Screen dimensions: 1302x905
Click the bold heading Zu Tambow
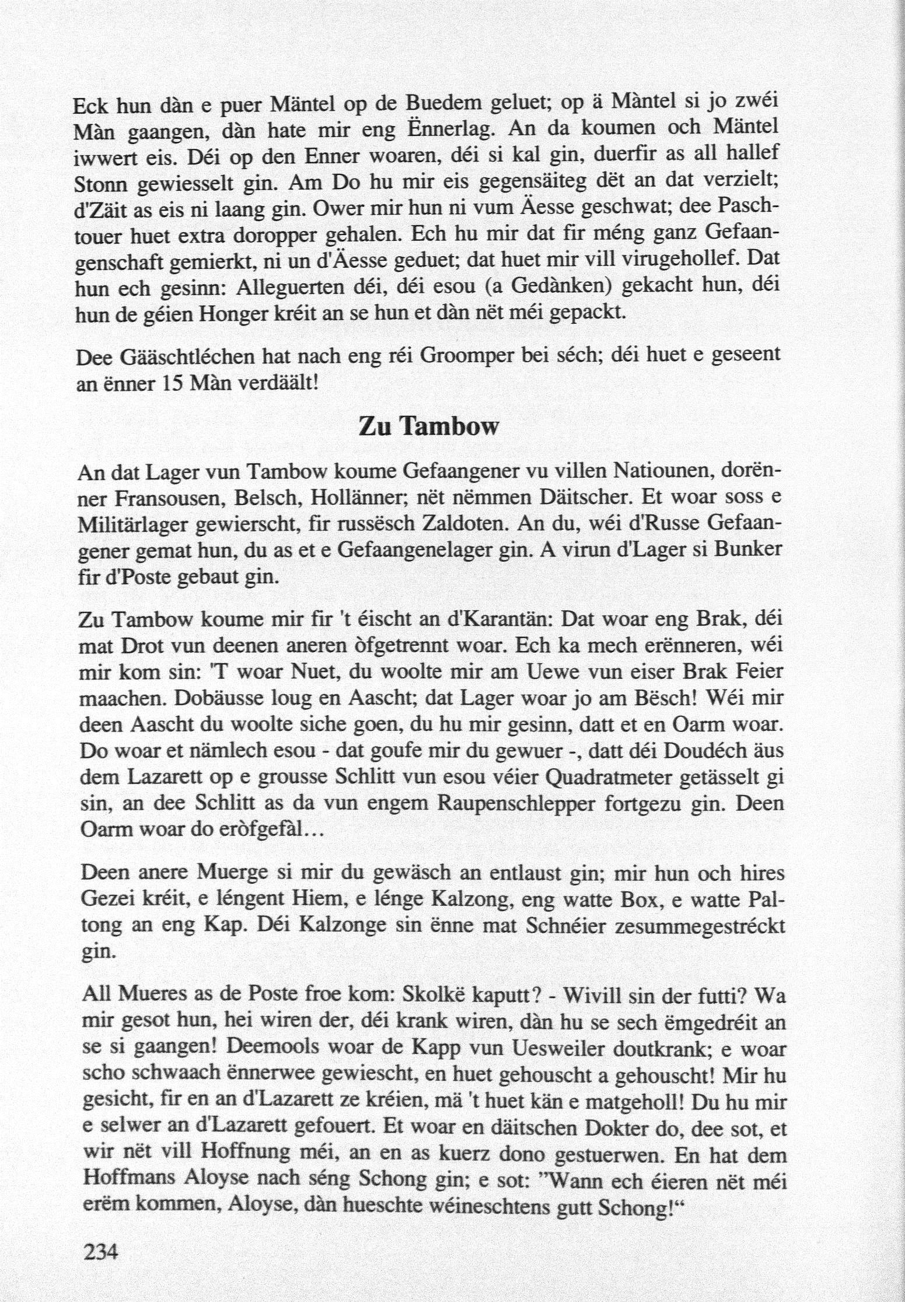click(429, 426)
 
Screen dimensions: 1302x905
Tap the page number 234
click(102, 1251)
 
